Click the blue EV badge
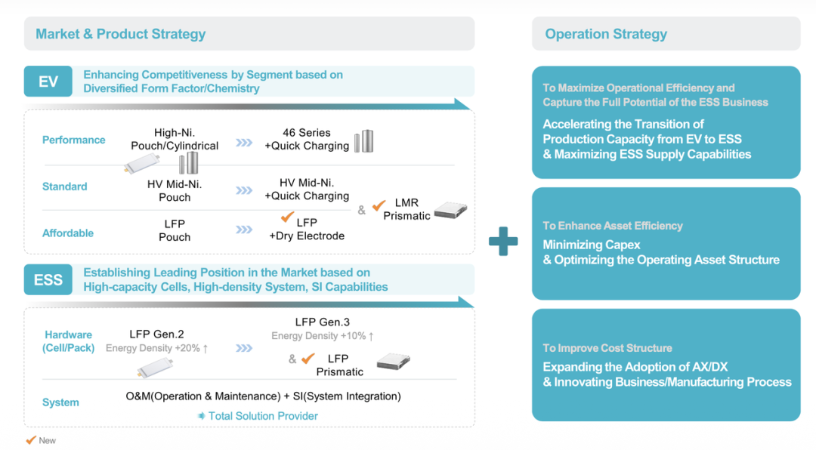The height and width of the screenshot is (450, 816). click(x=48, y=82)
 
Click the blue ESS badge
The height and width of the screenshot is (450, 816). click(x=48, y=280)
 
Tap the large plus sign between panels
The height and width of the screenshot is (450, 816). click(x=503, y=242)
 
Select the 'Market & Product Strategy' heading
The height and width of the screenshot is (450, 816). click(x=121, y=34)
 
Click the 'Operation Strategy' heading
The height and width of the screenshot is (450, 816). click(x=606, y=34)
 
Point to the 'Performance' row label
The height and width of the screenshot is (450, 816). click(x=74, y=140)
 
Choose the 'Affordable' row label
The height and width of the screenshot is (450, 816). click(x=68, y=233)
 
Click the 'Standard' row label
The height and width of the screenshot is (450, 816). click(x=65, y=186)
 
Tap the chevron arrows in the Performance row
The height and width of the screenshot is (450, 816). click(x=244, y=141)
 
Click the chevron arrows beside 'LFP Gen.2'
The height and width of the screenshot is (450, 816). click(x=244, y=348)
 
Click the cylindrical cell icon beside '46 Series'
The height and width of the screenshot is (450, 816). click(x=364, y=140)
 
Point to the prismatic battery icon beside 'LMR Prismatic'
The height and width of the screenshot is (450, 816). click(x=450, y=211)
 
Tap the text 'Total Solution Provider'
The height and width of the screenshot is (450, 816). click(x=263, y=416)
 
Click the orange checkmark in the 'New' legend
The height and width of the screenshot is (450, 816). click(x=31, y=440)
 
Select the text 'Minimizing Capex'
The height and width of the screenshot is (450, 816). click(x=592, y=245)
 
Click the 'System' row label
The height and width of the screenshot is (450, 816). click(x=61, y=402)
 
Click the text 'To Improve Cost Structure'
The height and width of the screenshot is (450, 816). click(x=607, y=348)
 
